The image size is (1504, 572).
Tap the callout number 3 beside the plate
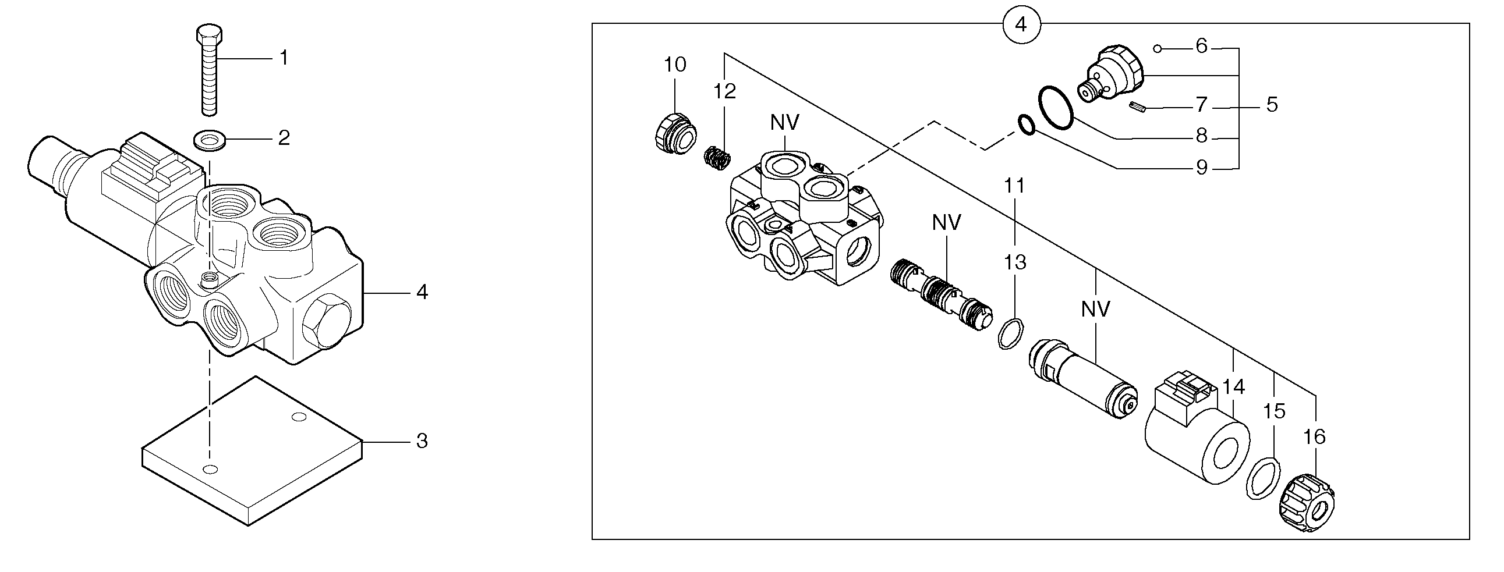pyautogui.click(x=422, y=442)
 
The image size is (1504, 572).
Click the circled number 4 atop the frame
pyautogui.click(x=1021, y=25)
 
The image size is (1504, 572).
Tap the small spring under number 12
pyautogui.click(x=716, y=158)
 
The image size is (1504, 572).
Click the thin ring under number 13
pyautogui.click(x=1010, y=334)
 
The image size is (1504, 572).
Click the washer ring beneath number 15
pyautogui.click(x=1264, y=479)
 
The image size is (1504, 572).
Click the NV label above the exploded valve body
pyautogui.click(x=784, y=123)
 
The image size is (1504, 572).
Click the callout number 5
pyautogui.click(x=1272, y=105)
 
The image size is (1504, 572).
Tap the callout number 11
pyautogui.click(x=1015, y=186)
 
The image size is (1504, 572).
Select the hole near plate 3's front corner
pyautogui.click(x=211, y=469)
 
